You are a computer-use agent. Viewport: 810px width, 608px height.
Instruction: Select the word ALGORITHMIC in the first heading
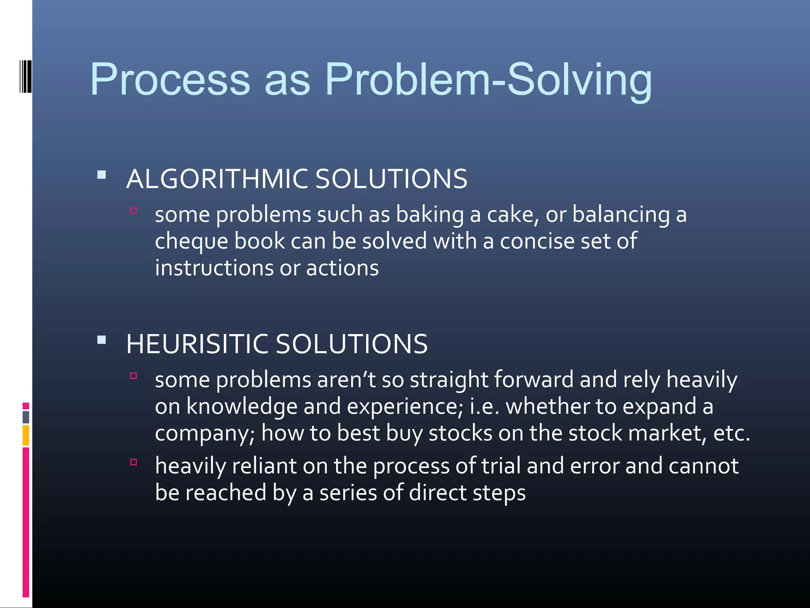pos(217,179)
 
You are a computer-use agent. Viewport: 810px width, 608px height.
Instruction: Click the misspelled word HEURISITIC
pos(197,344)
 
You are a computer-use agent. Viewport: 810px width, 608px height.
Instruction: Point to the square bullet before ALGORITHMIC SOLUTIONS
pos(102,175)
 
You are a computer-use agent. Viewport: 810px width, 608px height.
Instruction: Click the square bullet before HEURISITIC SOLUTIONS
pos(102,340)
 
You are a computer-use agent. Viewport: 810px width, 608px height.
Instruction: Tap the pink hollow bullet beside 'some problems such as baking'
pos(134,211)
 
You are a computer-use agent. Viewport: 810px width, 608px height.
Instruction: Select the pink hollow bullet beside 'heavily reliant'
pos(134,462)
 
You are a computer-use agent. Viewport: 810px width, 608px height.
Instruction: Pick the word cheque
pos(191,241)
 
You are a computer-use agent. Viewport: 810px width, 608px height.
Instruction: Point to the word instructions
pos(214,268)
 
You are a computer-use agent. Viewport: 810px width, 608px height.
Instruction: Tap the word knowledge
pos(242,407)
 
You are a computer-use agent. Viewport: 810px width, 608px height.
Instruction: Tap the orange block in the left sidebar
pos(26,435)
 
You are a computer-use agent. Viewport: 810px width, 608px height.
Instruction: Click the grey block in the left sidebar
pos(26,417)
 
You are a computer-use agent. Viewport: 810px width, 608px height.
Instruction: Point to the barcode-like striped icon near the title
pos(26,76)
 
